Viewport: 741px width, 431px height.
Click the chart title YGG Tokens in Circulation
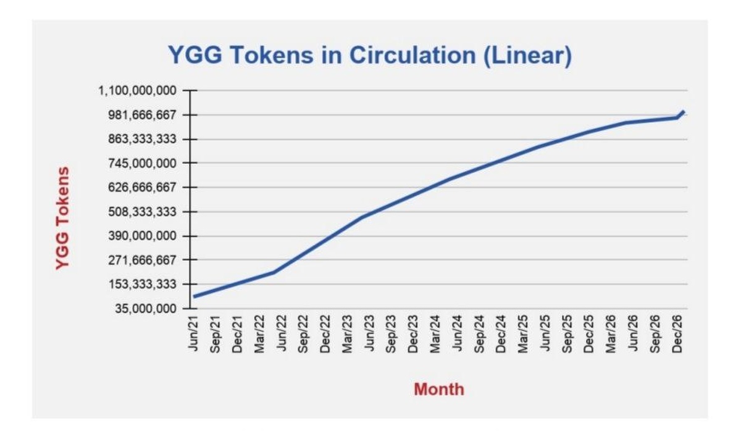click(369, 56)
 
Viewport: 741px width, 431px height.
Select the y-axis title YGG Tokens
click(62, 217)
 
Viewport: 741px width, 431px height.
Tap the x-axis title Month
click(438, 390)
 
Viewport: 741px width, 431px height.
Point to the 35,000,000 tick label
click(146, 308)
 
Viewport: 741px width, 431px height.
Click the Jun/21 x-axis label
click(193, 333)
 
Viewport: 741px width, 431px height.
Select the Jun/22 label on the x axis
click(282, 333)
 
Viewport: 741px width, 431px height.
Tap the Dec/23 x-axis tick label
click(413, 333)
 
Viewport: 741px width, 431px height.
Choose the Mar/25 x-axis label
click(523, 333)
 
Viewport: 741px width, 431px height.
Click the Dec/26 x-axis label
click(677, 333)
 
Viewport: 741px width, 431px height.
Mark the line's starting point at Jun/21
click(195, 296)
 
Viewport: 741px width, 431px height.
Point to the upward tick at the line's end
click(682, 112)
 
